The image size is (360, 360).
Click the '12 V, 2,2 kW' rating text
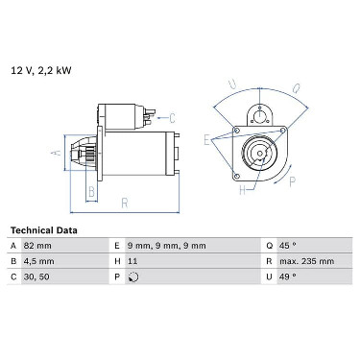tap(41, 71)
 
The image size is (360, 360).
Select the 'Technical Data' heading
tap(44, 230)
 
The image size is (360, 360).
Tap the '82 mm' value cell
tap(37, 246)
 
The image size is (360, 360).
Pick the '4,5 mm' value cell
tap(38, 261)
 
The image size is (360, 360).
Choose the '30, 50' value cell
tap(36, 276)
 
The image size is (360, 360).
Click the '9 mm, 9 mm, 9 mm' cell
tap(166, 246)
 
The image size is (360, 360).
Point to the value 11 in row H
tap(132, 261)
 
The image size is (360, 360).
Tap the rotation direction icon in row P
tap(133, 277)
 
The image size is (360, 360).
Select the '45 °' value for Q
tap(287, 246)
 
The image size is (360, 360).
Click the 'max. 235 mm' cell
tap(306, 261)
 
